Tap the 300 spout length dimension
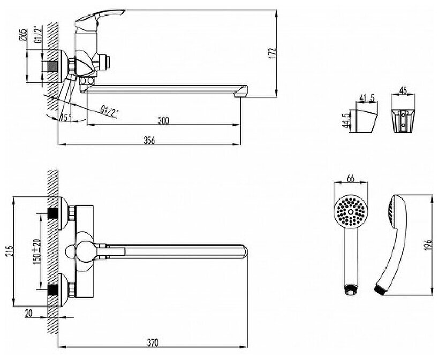[x=163, y=121]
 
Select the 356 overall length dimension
[x=149, y=140]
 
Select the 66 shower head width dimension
[x=351, y=178]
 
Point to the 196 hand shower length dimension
[x=428, y=243]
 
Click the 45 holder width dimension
[x=404, y=90]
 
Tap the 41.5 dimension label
[x=367, y=98]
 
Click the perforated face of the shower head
[x=351, y=212]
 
